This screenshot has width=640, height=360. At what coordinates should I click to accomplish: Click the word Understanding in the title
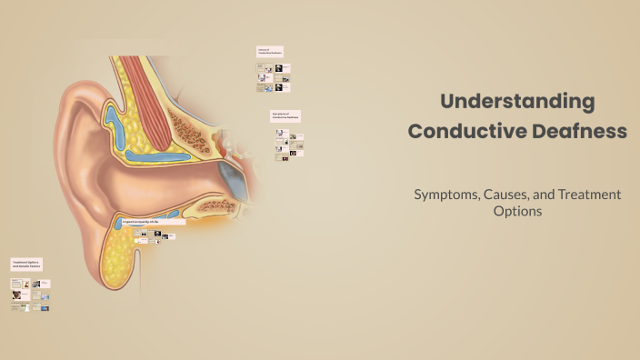pos(517,101)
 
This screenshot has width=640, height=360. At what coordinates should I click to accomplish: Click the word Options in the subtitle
pos(517,211)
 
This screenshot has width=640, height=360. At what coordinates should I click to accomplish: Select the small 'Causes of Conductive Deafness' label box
pos(271,53)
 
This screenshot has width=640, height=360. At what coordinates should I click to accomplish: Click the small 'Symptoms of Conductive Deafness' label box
pos(285,116)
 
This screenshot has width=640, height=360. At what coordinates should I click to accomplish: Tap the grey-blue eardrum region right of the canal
pos(237,183)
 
